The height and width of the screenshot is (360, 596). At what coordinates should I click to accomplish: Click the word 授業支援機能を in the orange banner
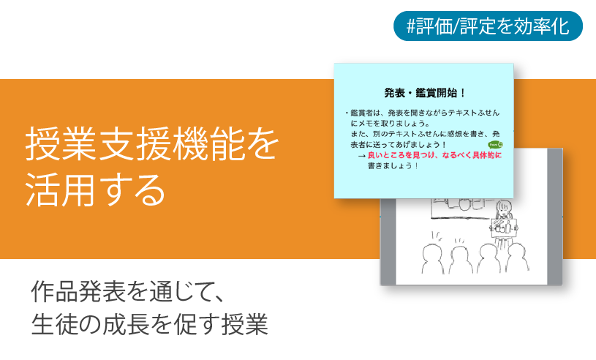(152, 145)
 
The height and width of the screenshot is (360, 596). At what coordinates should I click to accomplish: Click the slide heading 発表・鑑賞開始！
(425, 93)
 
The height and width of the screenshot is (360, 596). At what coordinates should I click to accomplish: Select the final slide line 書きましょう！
(393, 166)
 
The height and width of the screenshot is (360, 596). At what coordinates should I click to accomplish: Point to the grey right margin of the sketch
(555, 220)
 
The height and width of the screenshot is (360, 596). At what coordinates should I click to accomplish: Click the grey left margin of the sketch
(388, 241)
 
